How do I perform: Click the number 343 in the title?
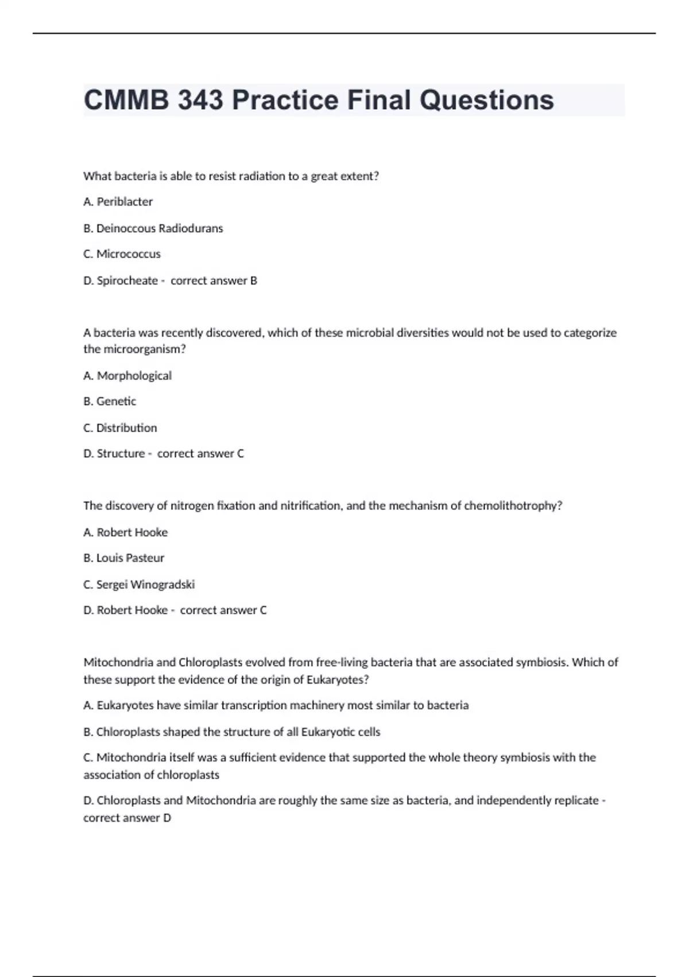point(200,100)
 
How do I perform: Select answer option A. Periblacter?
point(118,202)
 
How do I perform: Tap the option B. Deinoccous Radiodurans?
point(153,228)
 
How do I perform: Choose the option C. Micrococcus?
point(122,254)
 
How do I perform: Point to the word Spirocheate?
point(127,280)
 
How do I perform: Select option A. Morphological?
point(127,375)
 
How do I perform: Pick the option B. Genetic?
point(110,401)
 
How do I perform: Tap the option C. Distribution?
point(120,428)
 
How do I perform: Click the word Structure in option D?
point(121,453)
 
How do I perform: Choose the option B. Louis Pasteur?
point(123,558)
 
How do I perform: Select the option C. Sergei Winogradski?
point(139,584)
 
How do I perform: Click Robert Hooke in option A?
point(132,532)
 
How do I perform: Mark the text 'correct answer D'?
point(127,818)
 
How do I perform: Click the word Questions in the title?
point(486,100)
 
